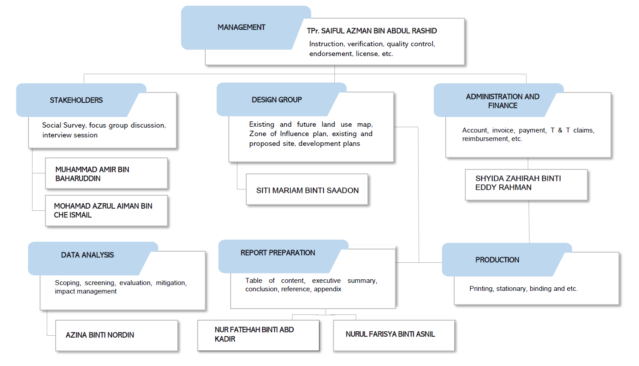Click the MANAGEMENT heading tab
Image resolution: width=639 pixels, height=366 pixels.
pyautogui.click(x=241, y=28)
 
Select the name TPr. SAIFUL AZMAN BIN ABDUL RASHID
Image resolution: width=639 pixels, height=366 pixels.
pyautogui.click(x=372, y=31)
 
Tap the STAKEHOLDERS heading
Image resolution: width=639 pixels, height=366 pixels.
pyautogui.click(x=76, y=101)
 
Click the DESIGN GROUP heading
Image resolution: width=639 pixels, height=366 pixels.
pyautogui.click(x=277, y=100)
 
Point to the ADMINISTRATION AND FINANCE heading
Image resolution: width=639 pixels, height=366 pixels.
pyautogui.click(x=502, y=101)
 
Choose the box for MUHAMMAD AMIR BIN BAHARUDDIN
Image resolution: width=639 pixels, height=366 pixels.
pyautogui.click(x=106, y=174)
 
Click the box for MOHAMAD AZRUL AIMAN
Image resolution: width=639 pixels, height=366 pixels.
pyautogui.click(x=106, y=211)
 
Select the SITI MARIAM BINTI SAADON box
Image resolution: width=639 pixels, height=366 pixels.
pyautogui.click(x=307, y=190)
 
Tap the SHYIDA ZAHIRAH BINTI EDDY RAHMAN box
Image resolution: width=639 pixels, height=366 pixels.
pyautogui.click(x=526, y=183)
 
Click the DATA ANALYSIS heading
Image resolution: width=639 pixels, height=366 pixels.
pyautogui.click(x=87, y=255)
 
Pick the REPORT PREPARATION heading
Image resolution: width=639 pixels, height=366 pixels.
pyautogui.click(x=278, y=253)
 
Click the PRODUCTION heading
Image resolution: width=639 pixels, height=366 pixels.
pyautogui.click(x=497, y=260)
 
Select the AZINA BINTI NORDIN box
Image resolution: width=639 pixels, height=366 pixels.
pyautogui.click(x=116, y=335)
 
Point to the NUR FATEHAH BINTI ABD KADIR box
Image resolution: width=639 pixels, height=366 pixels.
pyautogui.click(x=258, y=335)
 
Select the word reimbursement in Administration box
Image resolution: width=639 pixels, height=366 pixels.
pyautogui.click(x=484, y=139)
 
